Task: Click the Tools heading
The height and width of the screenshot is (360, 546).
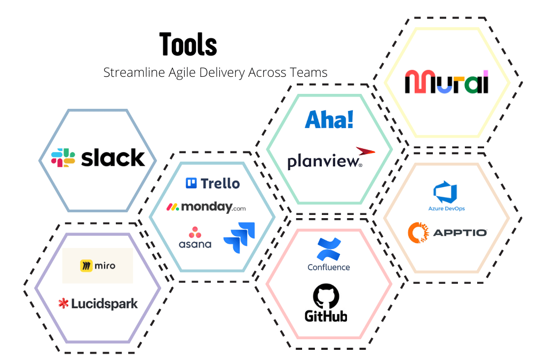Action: pos(188,44)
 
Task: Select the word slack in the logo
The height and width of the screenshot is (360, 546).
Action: pos(113,158)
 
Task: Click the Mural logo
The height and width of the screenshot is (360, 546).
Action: pos(447,82)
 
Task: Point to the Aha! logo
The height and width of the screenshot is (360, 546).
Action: pos(329,119)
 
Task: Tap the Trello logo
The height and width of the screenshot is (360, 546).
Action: pos(212,183)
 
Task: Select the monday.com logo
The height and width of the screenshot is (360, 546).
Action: pos(206,207)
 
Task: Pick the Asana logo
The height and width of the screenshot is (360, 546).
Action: pos(195,238)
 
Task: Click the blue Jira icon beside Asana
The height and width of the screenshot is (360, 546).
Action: pos(239,237)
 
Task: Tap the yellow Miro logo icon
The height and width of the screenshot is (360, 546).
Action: pos(86,266)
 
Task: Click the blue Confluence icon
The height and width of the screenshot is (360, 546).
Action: pos(329,249)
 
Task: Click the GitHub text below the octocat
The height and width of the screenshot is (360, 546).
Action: pos(326,316)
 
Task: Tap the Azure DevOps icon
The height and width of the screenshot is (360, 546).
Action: pos(446,192)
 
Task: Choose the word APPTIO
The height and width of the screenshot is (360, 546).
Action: pos(460,233)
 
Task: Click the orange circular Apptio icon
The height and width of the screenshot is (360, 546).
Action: pos(418,232)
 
